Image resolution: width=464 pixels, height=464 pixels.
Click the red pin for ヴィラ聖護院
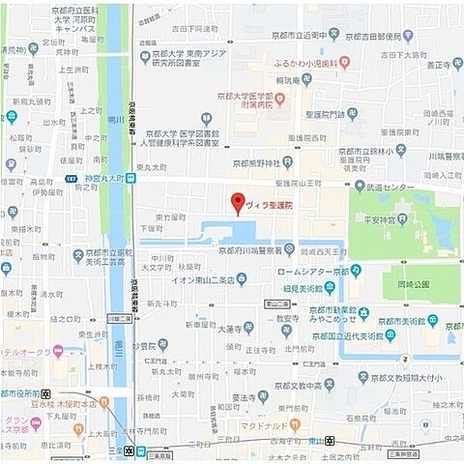click(237, 204)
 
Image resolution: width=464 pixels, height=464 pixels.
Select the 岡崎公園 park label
click(414, 286)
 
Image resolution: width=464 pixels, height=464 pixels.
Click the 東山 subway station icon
click(332, 441)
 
